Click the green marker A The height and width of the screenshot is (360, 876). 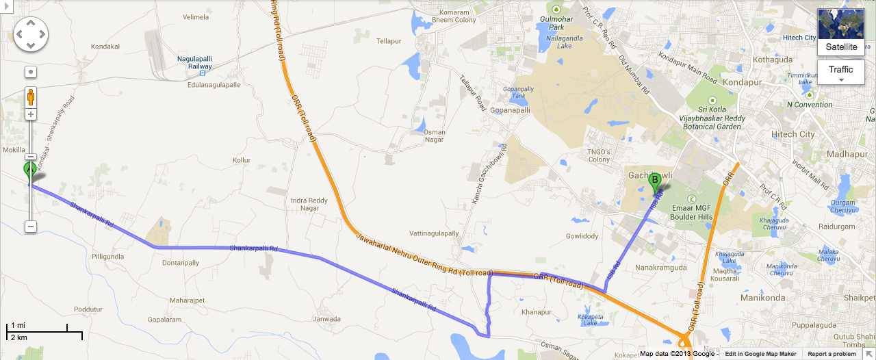click(30, 170)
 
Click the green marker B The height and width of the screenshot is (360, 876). click(654, 181)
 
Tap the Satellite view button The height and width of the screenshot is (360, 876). click(841, 32)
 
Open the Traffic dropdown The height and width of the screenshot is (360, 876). click(841, 71)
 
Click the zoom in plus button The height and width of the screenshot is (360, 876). click(31, 114)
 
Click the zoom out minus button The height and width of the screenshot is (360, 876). click(31, 226)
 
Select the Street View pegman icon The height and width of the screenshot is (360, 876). click(31, 97)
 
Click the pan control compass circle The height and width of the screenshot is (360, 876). click(31, 34)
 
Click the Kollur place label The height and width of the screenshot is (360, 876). click(242, 159)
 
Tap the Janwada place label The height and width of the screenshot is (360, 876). click(326, 319)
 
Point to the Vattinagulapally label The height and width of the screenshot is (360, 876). click(434, 233)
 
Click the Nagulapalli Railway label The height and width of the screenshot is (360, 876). click(195, 63)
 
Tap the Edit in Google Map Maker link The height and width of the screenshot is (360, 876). click(760, 354)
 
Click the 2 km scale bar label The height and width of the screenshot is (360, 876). click(18, 338)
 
